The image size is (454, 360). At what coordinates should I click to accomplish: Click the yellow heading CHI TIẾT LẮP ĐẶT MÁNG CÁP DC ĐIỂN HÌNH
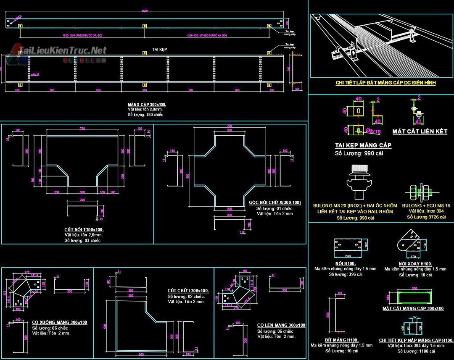pos(385,83)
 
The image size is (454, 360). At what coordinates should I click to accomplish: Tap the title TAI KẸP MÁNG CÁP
pos(363,145)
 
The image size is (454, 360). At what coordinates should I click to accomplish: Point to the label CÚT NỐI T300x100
pos(84,229)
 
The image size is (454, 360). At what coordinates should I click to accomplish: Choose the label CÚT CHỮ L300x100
pos(188,291)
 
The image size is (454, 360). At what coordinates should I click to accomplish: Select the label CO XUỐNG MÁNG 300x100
pos(59,322)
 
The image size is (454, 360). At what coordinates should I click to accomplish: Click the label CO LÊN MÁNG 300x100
pos(281,325)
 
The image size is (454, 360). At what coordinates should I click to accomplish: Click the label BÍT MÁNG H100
pos(341,339)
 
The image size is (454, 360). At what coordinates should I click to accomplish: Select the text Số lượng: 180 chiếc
pos(145,115)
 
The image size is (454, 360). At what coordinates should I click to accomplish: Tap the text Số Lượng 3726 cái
pos(426,217)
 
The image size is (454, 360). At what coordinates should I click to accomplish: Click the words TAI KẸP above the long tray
pos(160,50)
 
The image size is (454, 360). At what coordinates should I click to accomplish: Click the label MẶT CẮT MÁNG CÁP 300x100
pos(413,308)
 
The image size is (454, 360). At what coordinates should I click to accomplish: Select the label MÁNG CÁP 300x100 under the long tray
pos(144,103)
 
